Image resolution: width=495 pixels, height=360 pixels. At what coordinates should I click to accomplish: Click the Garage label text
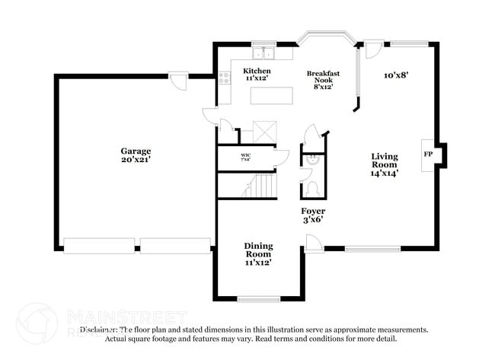(x=136, y=155)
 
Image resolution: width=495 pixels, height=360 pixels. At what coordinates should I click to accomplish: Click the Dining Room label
(x=259, y=253)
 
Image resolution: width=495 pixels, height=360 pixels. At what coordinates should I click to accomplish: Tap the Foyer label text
(x=312, y=215)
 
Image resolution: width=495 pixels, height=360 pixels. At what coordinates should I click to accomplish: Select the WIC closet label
(x=245, y=158)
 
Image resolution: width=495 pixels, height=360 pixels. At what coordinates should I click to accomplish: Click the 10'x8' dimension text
(x=397, y=75)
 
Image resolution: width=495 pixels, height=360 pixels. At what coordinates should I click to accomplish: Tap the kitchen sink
(x=264, y=53)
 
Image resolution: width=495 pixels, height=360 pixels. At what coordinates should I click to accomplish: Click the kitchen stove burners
(x=225, y=76)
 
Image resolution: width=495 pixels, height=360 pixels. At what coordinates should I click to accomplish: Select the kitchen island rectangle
(x=272, y=95)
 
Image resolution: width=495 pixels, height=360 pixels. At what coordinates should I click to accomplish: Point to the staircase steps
(x=263, y=185)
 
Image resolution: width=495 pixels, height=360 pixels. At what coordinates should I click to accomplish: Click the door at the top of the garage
(x=178, y=80)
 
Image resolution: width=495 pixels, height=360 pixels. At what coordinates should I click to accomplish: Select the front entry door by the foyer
(x=312, y=243)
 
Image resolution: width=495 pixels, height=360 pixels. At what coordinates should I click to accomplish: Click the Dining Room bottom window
(x=258, y=298)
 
